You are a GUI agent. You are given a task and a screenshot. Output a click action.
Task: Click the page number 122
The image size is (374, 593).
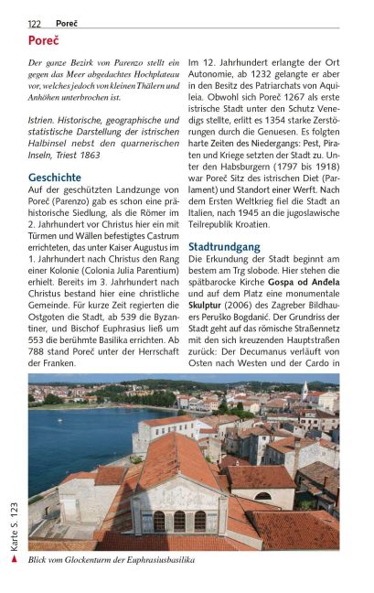(x=35, y=23)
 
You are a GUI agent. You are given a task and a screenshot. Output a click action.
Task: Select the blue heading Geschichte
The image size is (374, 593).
(x=55, y=178)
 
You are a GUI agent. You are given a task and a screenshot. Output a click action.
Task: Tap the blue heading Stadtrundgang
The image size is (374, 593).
(x=224, y=247)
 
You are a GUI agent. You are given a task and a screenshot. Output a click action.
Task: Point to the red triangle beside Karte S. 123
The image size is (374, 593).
(x=13, y=555)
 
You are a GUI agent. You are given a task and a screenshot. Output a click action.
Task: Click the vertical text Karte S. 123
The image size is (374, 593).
(x=13, y=522)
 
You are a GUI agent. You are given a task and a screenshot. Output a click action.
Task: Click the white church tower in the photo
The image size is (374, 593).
(x=305, y=391)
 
